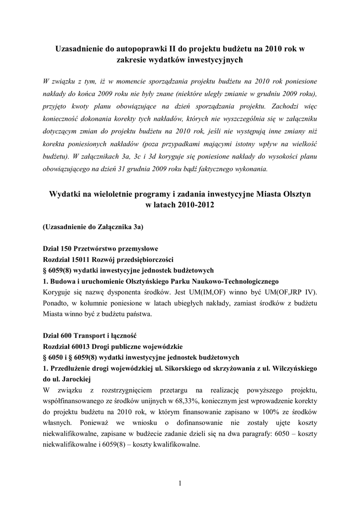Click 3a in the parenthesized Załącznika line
coord(137,227)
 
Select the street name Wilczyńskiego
coord(290,368)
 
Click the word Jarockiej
coord(69,379)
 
